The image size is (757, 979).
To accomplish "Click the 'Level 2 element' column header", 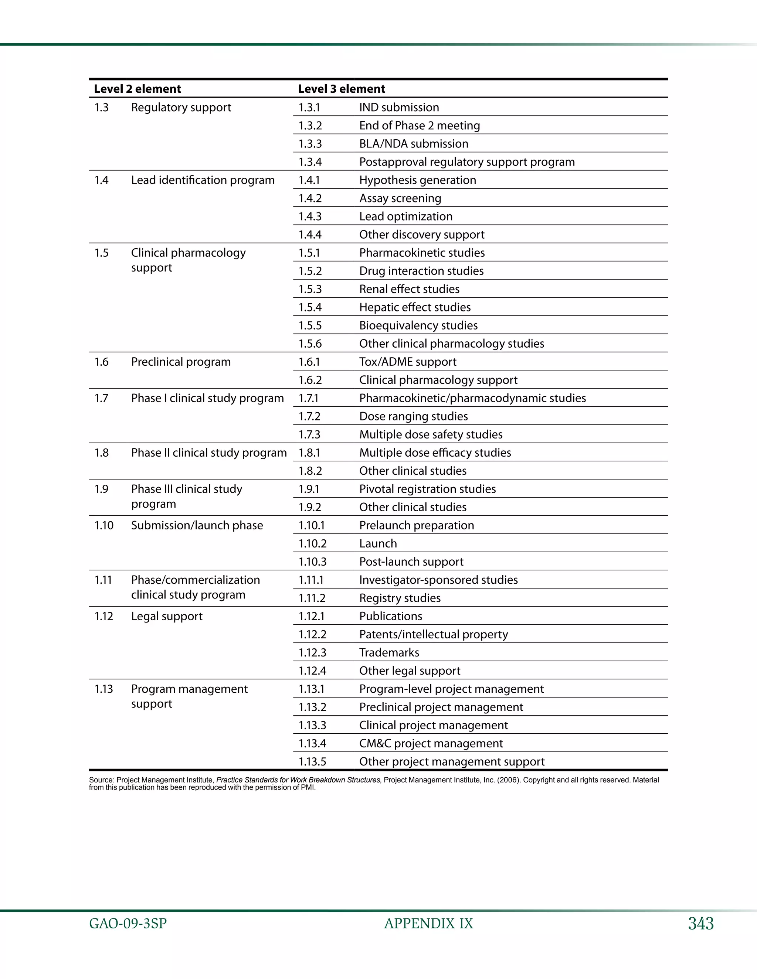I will pos(137,89).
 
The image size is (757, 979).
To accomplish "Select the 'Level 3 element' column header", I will pos(341,89).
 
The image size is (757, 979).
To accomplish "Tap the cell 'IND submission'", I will pos(399,108).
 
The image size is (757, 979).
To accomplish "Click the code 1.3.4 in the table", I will pos(310,162).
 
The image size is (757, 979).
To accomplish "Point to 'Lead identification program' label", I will pos(203,180).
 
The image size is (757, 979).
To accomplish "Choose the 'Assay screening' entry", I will pos(400,198).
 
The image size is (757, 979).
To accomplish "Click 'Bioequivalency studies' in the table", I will pos(418,325).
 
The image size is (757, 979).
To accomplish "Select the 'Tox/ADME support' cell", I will pos(407,362).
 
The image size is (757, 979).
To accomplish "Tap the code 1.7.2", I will pos(309,416).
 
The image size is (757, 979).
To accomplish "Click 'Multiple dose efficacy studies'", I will pos(435,453).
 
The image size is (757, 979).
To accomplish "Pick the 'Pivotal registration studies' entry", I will pos(427,489).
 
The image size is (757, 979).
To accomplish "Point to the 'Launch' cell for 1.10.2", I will pos(378,544).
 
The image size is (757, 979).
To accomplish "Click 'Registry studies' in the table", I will pos(400,598).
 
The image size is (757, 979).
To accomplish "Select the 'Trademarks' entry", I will pos(389,653).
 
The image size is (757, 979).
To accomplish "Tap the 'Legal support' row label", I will pos(166,616).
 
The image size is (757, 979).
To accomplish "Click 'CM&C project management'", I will pos(431,744).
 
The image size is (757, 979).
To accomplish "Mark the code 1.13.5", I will pos(312,762).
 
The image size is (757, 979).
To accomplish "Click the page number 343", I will pos(700,924).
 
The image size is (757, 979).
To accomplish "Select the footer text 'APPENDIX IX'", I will pos(428,924).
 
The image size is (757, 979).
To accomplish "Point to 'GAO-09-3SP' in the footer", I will pos(128,924).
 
